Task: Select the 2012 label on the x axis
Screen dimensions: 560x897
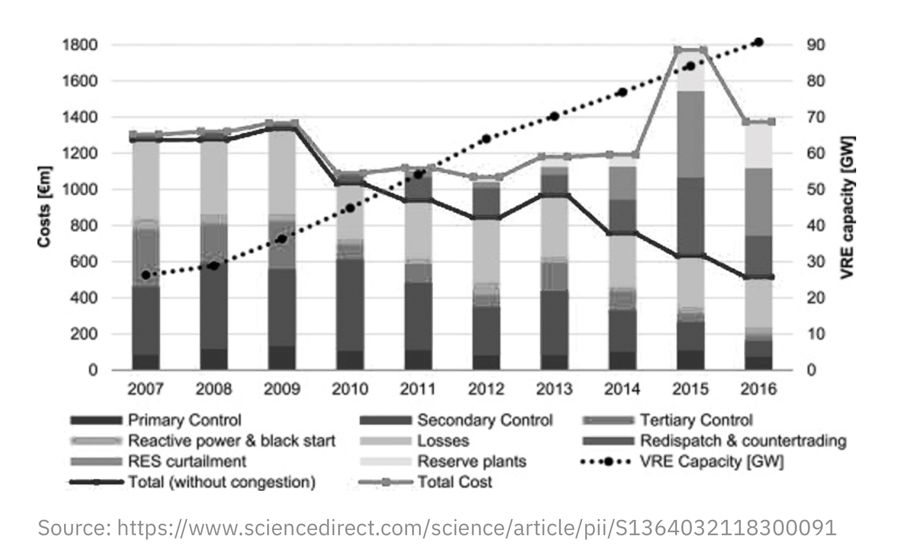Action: click(x=486, y=389)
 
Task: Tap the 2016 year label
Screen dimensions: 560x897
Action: click(x=758, y=389)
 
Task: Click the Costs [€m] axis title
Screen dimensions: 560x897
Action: click(x=45, y=207)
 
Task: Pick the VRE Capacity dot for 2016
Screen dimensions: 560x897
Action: click(x=758, y=42)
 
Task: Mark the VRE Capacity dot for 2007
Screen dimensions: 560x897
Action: click(x=146, y=275)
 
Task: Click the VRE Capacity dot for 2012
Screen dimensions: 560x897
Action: click(x=487, y=139)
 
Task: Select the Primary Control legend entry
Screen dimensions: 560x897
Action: click(x=184, y=420)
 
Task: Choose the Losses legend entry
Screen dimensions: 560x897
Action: click(x=443, y=441)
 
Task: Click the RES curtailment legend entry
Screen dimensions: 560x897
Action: click(x=186, y=461)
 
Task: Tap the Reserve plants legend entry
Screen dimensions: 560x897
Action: click(x=472, y=461)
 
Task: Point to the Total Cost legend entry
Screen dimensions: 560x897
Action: click(x=454, y=482)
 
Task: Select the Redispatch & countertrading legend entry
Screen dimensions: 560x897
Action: click(x=743, y=441)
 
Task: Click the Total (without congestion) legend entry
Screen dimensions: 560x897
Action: click(x=221, y=482)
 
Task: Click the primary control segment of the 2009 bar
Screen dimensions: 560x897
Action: click(x=282, y=358)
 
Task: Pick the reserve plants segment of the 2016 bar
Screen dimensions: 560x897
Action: click(x=758, y=145)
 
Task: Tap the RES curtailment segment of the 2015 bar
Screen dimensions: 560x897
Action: click(x=691, y=134)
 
